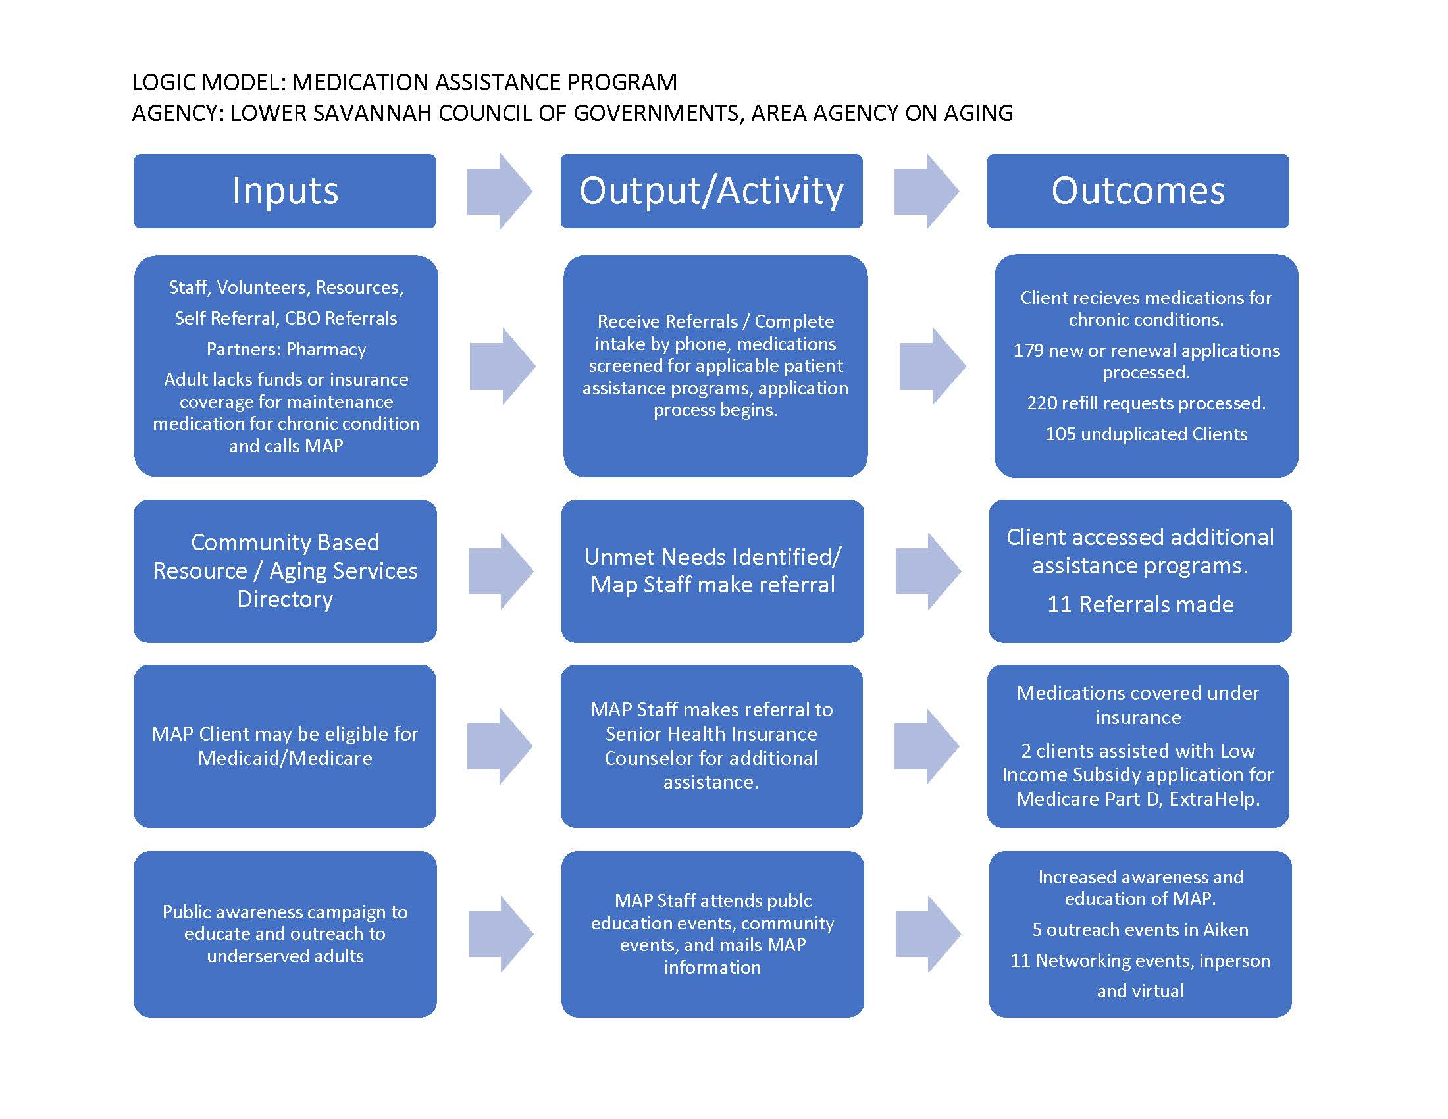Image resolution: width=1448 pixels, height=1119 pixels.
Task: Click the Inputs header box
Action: [x=284, y=191]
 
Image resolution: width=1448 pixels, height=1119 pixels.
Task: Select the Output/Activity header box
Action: [x=711, y=191]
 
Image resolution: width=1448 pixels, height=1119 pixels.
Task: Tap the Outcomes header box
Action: [x=1138, y=191]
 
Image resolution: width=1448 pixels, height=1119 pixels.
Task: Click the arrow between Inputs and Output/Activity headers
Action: [x=500, y=191]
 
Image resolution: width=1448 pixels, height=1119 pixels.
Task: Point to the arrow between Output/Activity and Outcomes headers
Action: [x=926, y=191]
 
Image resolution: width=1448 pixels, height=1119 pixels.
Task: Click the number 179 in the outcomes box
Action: [x=1028, y=350]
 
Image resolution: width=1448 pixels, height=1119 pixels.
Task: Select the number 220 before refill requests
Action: [x=1042, y=403]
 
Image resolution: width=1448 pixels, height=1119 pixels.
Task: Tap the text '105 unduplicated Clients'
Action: [x=1146, y=434]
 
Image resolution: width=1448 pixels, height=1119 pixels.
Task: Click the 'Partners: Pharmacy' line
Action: [x=286, y=350]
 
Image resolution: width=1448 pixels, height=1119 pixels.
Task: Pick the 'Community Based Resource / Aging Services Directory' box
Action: [x=285, y=571]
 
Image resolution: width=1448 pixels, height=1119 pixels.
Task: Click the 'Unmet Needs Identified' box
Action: [x=712, y=571]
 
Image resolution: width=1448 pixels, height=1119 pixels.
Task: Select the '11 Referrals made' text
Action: [x=1141, y=604]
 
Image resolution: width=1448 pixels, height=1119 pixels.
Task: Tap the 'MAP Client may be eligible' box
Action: [x=284, y=746]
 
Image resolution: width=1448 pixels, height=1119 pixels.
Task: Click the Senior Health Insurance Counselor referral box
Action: [x=711, y=746]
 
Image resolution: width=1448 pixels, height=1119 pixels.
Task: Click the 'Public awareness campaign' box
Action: [x=285, y=934]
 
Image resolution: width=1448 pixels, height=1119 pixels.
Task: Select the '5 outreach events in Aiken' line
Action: [x=1140, y=929]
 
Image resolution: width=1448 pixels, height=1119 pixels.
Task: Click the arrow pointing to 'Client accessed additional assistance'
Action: [x=927, y=571]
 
